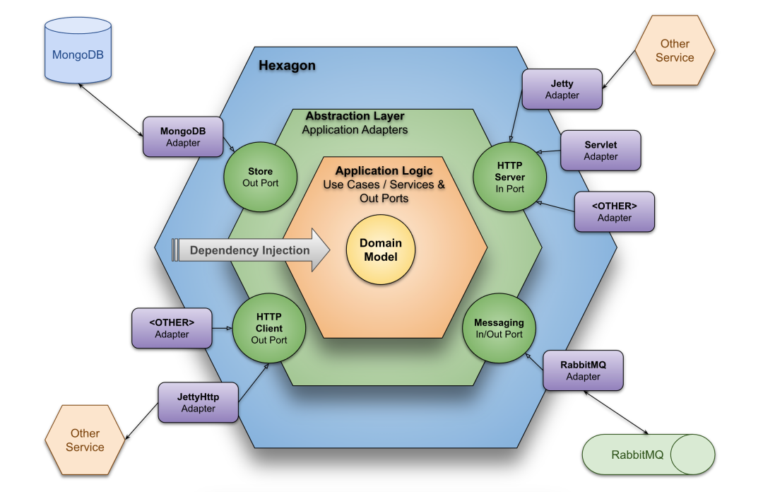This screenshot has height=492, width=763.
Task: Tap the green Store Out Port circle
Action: click(x=260, y=177)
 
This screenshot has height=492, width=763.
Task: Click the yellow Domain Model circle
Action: click(x=381, y=250)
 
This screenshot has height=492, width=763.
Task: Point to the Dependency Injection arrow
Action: click(x=251, y=250)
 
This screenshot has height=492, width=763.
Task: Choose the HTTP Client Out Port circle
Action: click(x=268, y=328)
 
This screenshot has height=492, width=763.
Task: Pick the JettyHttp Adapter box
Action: click(x=198, y=402)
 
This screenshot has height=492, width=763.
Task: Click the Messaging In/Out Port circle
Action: click(x=499, y=328)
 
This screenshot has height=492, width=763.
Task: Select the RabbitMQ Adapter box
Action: click(x=583, y=370)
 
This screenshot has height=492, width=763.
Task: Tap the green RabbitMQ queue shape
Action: click(x=648, y=455)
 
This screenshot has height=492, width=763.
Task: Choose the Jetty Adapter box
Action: click(x=562, y=89)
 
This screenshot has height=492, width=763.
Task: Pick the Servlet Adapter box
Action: click(x=601, y=151)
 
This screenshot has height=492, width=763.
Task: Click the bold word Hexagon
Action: click(x=287, y=66)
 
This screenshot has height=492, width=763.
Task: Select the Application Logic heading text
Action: click(x=384, y=171)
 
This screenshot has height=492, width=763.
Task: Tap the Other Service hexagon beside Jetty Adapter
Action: click(x=675, y=50)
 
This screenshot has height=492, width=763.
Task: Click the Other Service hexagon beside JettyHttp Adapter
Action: click(x=85, y=440)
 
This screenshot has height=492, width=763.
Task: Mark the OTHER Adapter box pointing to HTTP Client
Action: click(x=172, y=328)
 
